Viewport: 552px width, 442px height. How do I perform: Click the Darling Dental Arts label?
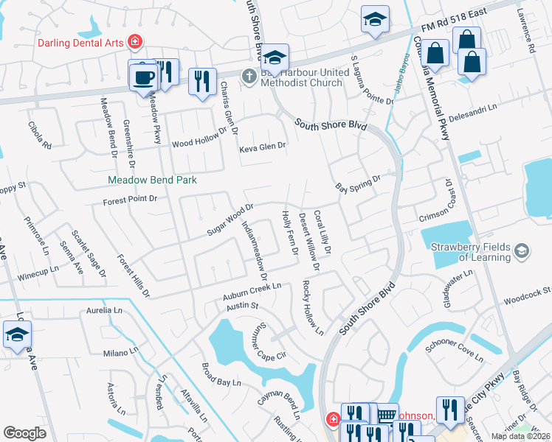click(82, 41)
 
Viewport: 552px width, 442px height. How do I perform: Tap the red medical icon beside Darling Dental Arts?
click(135, 41)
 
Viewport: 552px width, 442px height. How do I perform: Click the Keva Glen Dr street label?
click(262, 147)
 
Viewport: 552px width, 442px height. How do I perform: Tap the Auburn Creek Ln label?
click(252, 291)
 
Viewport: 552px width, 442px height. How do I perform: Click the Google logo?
click(24, 433)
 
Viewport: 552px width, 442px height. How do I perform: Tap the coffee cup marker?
click(144, 77)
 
